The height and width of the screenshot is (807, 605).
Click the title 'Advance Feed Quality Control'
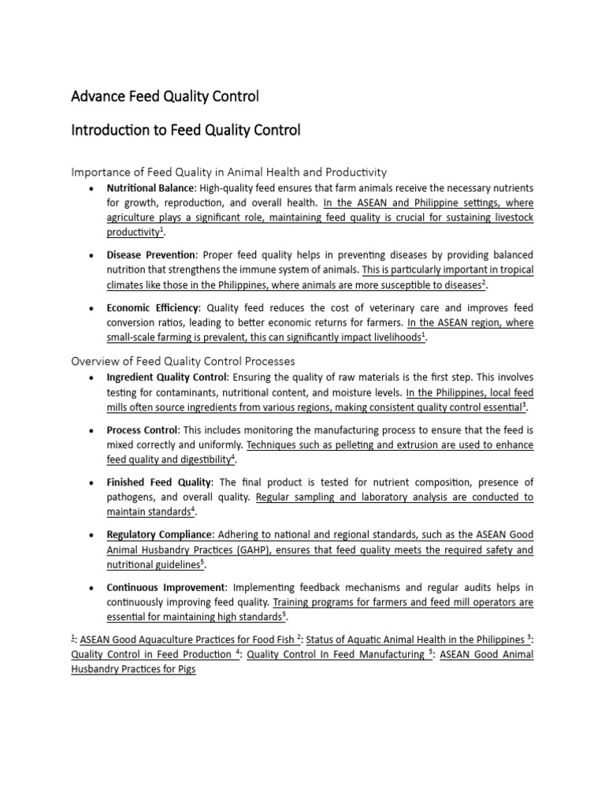tap(165, 97)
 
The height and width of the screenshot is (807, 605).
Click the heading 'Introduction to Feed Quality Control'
tap(186, 130)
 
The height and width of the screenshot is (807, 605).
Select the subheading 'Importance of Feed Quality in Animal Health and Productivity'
tap(228, 171)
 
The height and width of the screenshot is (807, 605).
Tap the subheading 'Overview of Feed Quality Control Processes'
tap(183, 361)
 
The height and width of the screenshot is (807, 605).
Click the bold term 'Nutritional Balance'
tap(150, 188)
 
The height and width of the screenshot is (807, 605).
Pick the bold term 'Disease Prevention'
tap(151, 255)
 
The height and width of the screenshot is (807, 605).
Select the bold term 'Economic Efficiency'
tap(154, 308)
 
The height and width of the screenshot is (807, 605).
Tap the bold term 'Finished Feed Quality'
tap(160, 482)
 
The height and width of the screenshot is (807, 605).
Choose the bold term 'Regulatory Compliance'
tap(160, 534)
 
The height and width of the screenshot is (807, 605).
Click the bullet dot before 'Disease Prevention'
tap(93, 256)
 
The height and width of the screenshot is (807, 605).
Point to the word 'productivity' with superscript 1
tap(132, 233)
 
